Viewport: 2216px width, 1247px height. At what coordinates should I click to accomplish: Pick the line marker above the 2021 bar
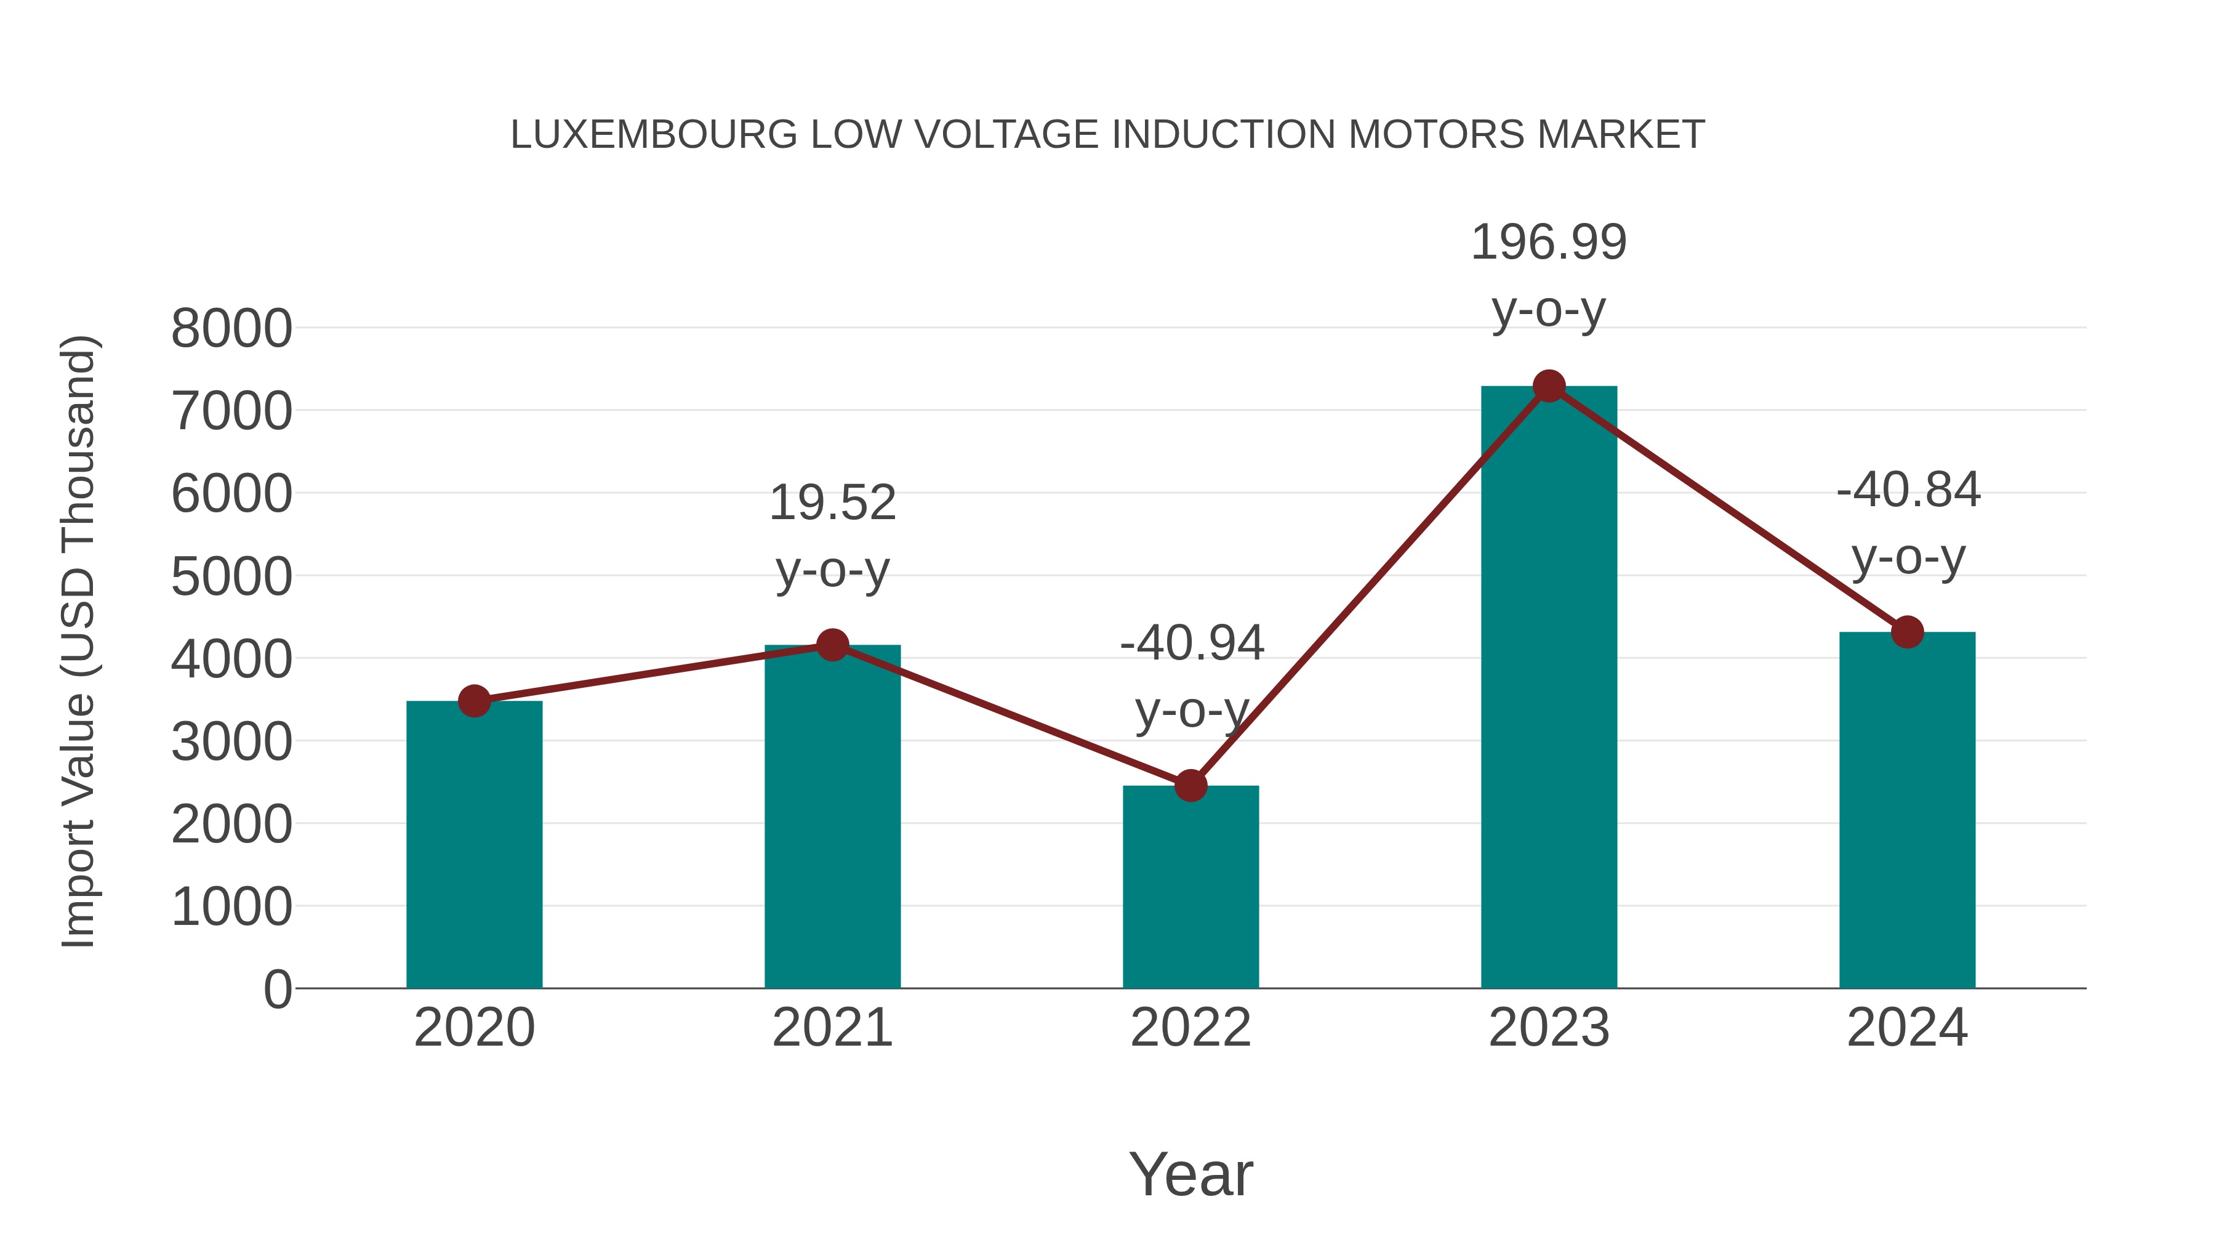point(832,645)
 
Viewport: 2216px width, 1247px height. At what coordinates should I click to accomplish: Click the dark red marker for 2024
point(1907,632)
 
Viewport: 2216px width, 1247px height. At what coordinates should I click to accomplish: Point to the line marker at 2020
point(474,701)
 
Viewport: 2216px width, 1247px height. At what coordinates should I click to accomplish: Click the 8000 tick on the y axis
point(231,329)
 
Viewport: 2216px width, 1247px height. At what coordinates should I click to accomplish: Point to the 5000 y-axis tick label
point(231,576)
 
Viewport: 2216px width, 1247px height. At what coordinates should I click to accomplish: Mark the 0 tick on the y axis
point(277,990)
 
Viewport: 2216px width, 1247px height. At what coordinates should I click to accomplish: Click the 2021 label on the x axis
point(832,1028)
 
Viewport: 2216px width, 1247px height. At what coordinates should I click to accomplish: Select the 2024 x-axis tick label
point(1907,1028)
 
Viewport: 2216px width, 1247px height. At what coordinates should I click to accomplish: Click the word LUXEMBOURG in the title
point(654,135)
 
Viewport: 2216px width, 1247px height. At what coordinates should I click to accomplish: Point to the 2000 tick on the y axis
point(231,825)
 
